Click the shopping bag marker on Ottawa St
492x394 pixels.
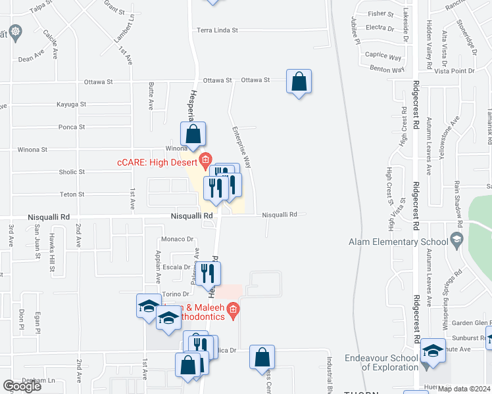point(299,83)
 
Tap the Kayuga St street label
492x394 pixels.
point(72,104)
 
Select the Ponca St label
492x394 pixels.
point(72,127)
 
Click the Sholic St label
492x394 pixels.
point(72,172)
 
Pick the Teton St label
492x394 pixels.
point(72,194)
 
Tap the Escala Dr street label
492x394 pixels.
point(177,267)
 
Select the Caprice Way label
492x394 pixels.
point(383,56)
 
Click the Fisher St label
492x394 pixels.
point(381,13)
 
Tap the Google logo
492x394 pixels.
point(22,386)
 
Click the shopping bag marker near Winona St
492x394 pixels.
point(193,135)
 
